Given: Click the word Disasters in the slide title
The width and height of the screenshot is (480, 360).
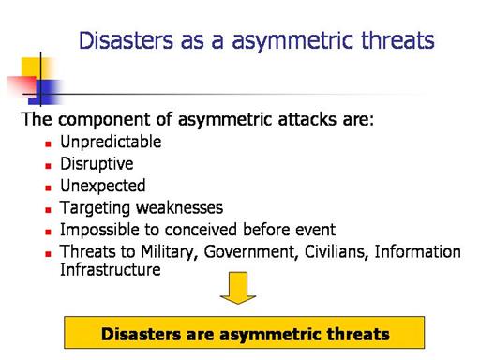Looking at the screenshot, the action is (x=126, y=40).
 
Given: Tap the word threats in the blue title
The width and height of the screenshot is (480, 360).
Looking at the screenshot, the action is (x=397, y=40).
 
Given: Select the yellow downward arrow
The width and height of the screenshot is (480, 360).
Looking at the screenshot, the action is (x=238, y=288).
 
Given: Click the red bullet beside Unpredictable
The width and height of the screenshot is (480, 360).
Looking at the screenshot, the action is (x=48, y=143).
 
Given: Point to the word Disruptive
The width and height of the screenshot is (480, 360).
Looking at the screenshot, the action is (x=97, y=164).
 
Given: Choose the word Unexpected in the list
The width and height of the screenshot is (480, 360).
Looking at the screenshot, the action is (x=103, y=186).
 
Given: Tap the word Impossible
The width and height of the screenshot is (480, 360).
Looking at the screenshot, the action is (x=99, y=230).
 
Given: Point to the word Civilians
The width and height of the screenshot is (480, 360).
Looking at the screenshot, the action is (x=336, y=251).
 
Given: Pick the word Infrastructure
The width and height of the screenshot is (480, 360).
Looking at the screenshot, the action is (x=111, y=269).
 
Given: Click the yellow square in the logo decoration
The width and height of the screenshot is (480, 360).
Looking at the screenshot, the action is (x=36, y=68).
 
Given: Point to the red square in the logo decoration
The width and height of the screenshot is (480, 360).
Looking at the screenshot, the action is (x=22, y=85).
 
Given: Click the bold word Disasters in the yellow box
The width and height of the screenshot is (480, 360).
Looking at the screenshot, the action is (x=142, y=334).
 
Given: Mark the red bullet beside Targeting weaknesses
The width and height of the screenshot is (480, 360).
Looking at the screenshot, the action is (x=48, y=210).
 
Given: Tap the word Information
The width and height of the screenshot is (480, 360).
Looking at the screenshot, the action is (x=417, y=251).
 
